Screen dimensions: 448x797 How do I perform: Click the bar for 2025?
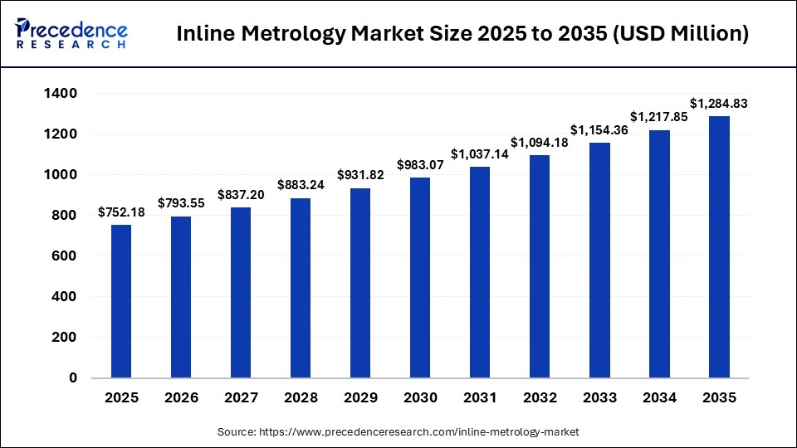click(x=121, y=301)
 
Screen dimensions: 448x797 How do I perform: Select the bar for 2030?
click(x=420, y=277)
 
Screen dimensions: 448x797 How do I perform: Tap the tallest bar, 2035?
click(x=719, y=246)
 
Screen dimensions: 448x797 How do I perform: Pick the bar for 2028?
click(x=301, y=288)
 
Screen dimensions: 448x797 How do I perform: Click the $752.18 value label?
click(x=121, y=212)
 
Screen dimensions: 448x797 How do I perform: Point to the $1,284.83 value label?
click(x=719, y=104)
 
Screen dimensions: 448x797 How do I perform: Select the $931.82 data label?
click(x=360, y=176)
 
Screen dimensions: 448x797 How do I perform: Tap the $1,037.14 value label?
click(x=480, y=154)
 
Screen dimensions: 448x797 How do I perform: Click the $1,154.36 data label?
click(x=599, y=130)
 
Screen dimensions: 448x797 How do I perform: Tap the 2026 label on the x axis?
click(x=181, y=398)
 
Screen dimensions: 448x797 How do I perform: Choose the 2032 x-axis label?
click(x=540, y=398)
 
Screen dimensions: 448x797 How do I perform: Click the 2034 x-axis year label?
click(x=659, y=398)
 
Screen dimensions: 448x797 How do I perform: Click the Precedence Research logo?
click(x=71, y=33)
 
